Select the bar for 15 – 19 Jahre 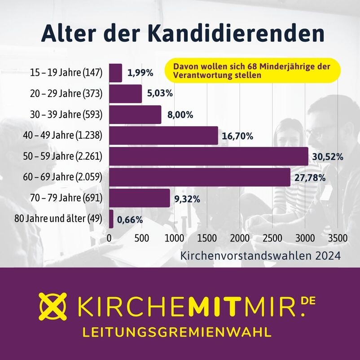click(115, 73)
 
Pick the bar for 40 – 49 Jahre click(163, 136)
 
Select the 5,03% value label click(160, 94)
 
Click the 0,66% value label click(130, 220)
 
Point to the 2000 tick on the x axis click(241, 238)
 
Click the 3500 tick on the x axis click(338, 238)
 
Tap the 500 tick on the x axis click(142, 238)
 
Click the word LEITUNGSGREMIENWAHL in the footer click(177, 332)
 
